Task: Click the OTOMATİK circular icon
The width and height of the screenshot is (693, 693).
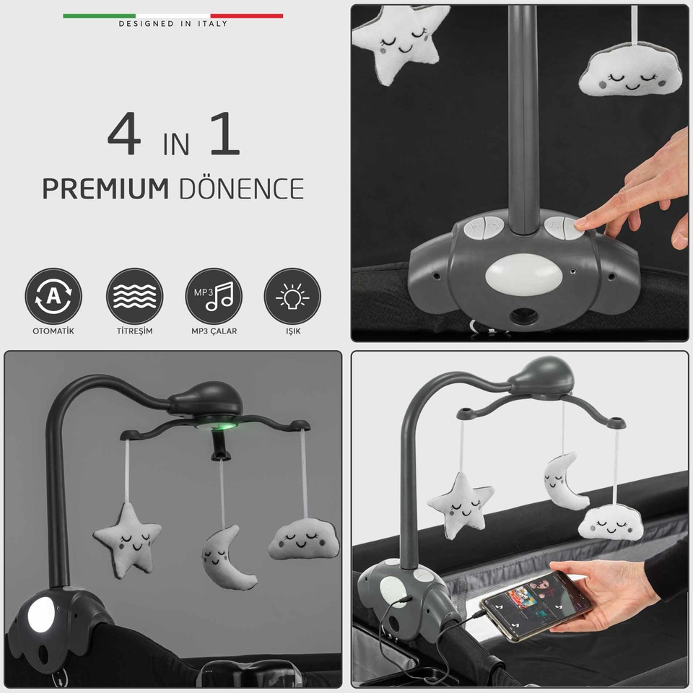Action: point(53,296)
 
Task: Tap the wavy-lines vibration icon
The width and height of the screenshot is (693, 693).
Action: point(134,296)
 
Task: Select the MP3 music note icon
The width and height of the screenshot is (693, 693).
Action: point(214,296)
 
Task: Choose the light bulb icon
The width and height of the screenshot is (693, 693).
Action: point(292,296)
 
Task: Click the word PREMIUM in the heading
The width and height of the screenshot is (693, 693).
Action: point(105,189)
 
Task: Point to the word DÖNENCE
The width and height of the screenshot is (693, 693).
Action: point(241,188)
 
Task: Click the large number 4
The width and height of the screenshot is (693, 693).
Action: point(124,134)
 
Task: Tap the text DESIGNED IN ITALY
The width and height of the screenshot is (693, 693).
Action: point(173,23)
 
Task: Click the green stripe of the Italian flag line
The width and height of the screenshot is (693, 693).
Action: point(99,16)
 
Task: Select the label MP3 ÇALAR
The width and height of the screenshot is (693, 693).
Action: point(214,331)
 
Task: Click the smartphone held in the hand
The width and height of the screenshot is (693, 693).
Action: point(536,606)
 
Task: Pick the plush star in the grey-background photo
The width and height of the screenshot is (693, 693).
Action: point(128,539)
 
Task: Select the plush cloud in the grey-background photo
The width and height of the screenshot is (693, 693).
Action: point(304,539)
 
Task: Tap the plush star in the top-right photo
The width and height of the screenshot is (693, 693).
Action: point(397,40)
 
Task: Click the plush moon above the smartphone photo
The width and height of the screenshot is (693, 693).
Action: point(565,481)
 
